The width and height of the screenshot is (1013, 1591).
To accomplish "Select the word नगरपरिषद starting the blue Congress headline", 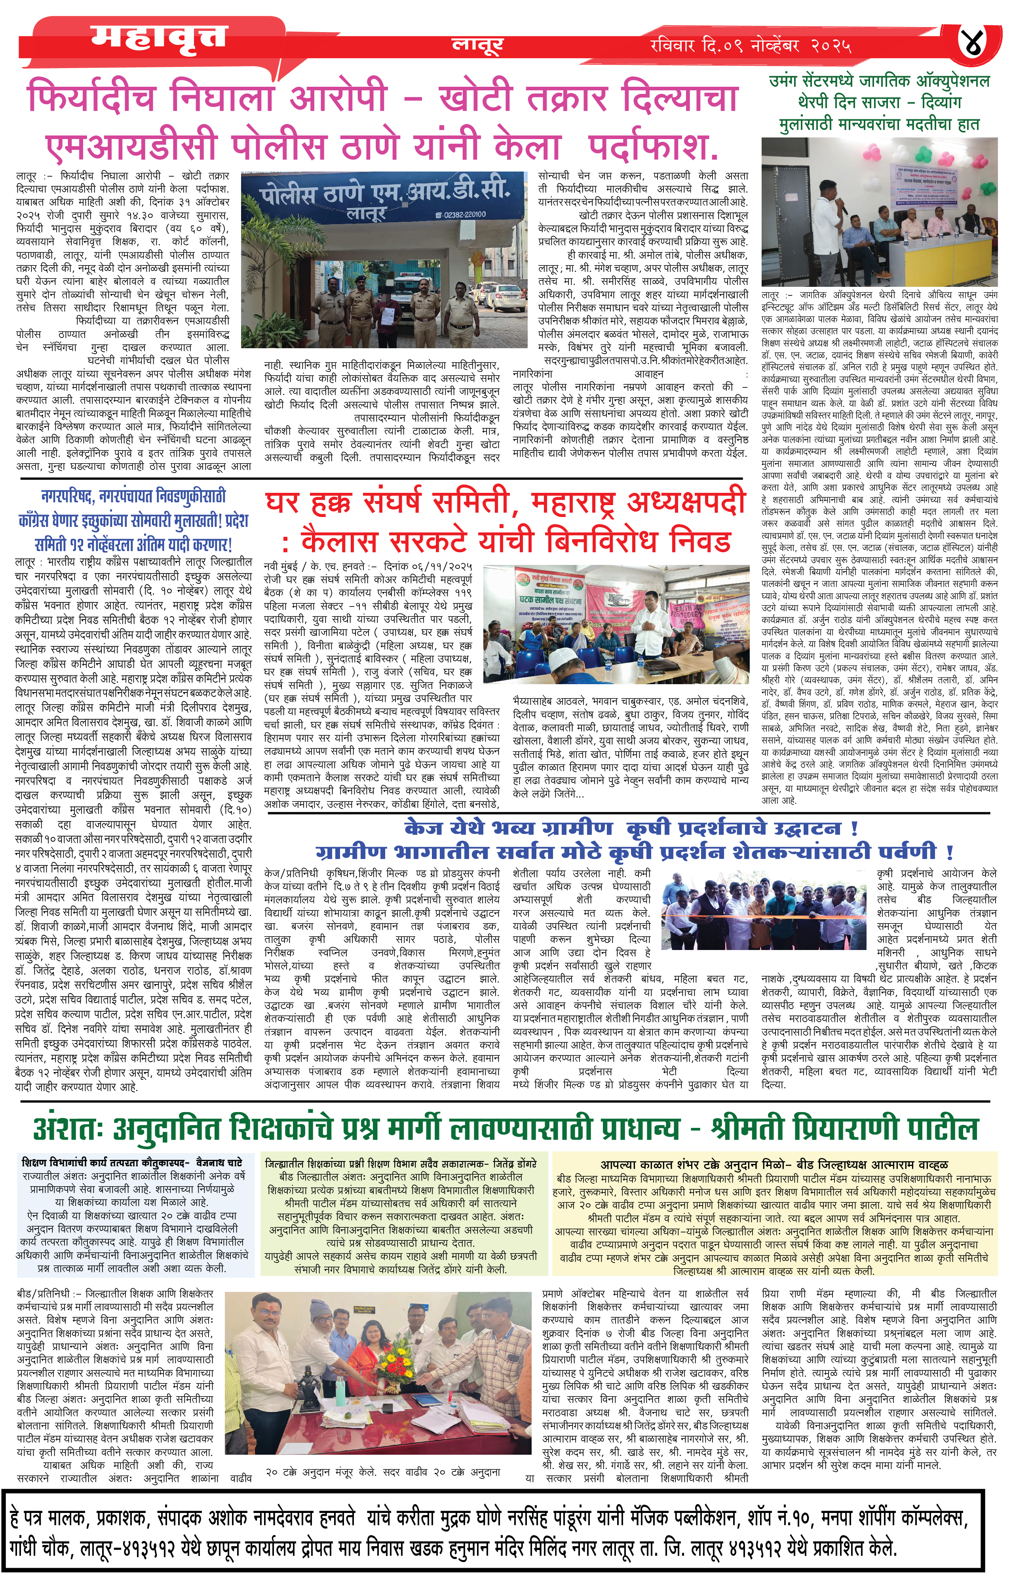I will point(68,496).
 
